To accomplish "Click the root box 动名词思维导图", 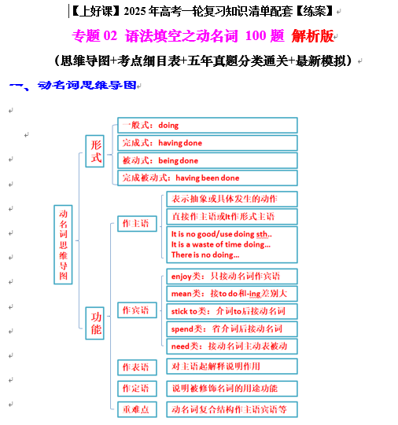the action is (x=63, y=244).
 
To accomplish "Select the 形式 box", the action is (x=94, y=151).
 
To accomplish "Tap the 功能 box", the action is (x=94, y=323).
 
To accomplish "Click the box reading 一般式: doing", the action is (x=208, y=125).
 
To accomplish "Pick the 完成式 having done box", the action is (x=208, y=143).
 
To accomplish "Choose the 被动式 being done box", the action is (x=208, y=160).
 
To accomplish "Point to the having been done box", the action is (x=208, y=178).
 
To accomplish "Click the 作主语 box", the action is (x=137, y=224).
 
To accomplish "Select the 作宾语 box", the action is (x=137, y=310).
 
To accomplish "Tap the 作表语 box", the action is (x=137, y=368).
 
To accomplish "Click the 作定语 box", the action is (x=137, y=388).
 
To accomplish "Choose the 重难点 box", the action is (x=137, y=409).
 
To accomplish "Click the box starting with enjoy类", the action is (x=232, y=277).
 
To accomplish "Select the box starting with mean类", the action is (x=232, y=294).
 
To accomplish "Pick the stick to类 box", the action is (x=232, y=311).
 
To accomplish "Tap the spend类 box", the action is (x=232, y=329).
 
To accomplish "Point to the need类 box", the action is (x=232, y=346).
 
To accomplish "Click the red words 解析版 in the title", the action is (x=312, y=36).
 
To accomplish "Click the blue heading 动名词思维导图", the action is (x=87, y=85).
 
